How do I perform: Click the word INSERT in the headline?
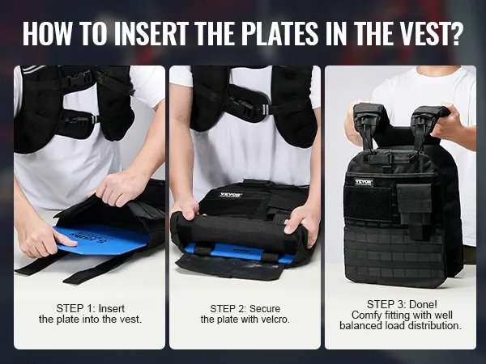[151, 32]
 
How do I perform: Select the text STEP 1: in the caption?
[75, 309]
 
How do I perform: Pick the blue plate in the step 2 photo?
[239, 252]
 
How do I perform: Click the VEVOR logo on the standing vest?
[364, 182]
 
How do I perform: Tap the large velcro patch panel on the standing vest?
[368, 203]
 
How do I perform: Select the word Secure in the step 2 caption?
[265, 309]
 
